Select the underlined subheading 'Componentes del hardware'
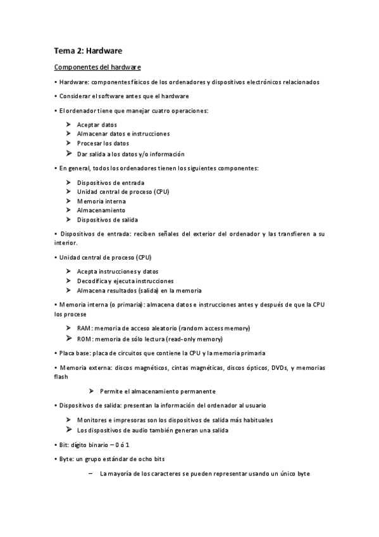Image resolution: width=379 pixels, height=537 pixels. (97, 66)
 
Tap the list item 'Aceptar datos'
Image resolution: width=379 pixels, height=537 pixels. (97, 125)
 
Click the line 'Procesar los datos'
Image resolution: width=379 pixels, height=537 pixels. (103, 143)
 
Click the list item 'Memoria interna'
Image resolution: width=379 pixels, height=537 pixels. (101, 201)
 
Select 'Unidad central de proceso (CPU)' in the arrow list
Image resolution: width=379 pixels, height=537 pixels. (123, 191)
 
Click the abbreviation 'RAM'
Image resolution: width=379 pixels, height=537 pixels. (85, 329)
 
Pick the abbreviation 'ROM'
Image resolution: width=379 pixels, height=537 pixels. (85, 339)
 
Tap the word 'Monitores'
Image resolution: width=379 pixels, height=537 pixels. (94, 420)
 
